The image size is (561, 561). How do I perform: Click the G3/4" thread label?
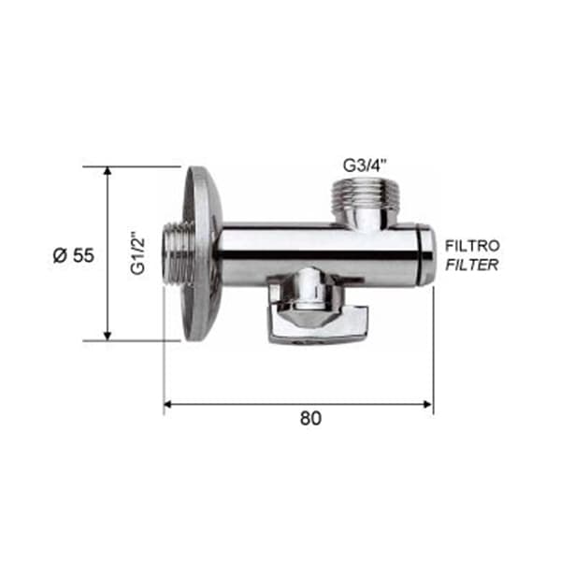click(x=366, y=165)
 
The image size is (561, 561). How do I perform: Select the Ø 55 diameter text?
click(x=74, y=255)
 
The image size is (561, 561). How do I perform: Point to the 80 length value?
click(x=310, y=418)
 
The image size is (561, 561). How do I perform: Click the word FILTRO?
click(x=472, y=246)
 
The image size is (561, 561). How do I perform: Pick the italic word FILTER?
click(x=472, y=266)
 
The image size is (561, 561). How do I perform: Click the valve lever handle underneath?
click(x=319, y=321)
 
